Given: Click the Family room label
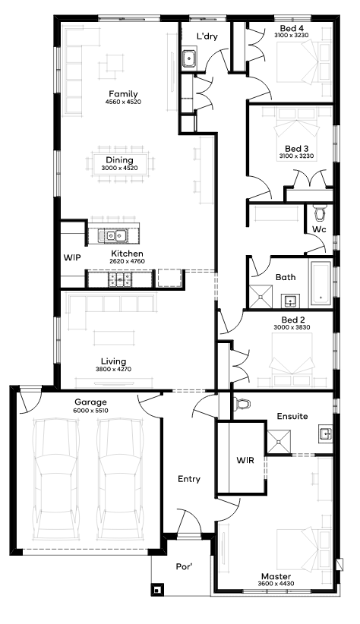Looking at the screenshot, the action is pos(124,94).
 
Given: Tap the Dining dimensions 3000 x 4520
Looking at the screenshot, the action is pos(119,168).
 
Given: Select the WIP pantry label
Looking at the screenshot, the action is pos(72,258).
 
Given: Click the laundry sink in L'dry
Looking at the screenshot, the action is pos(189,58).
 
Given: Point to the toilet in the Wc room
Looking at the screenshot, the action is pos(320,213).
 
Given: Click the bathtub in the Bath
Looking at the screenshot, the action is pos(321,283).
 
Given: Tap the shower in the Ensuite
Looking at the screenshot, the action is pos(279,442).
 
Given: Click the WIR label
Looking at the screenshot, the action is pos(245,461).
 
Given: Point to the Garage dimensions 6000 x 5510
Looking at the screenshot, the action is pos(91,411).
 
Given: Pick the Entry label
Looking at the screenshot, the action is pos(189,479).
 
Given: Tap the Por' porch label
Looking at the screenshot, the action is pos(185,566).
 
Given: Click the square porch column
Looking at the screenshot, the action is pos(158,589).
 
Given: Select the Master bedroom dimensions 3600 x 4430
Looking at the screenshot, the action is pos(276,584).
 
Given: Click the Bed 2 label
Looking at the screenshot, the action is pos(293,320).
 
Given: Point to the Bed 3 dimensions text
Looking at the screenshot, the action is pos(296,156).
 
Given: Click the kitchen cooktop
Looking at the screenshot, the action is pos(120,279).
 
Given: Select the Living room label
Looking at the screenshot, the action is pos(113,361).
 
